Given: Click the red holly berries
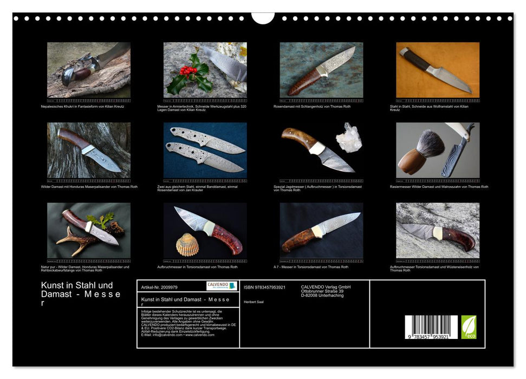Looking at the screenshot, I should click(x=187, y=70).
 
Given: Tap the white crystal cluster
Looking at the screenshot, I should click(x=348, y=138).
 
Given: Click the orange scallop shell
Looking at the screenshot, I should click(x=187, y=245).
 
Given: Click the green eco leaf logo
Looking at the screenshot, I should click(x=469, y=327).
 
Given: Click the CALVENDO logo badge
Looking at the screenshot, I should click(x=222, y=286).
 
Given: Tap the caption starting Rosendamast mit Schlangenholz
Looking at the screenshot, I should click(x=312, y=106).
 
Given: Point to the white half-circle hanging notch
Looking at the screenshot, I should click(x=263, y=18).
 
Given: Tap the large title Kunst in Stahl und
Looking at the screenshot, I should click(x=77, y=285).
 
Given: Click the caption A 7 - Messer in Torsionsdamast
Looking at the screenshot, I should click(x=311, y=267).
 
